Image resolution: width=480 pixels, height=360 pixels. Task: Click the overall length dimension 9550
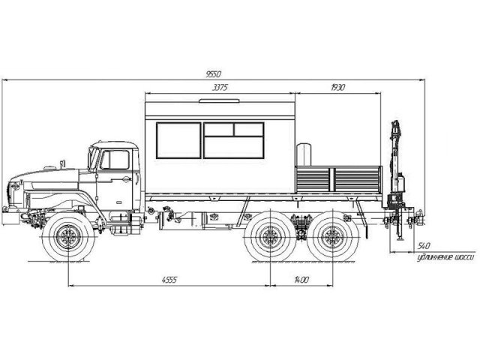[x=213, y=74]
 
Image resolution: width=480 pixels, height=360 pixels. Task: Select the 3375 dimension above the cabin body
[x=220, y=88]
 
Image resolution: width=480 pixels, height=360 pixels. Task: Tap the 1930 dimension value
[x=338, y=88]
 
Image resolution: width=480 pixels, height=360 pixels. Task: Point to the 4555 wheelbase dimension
[x=169, y=280]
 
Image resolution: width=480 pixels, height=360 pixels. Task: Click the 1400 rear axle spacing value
[x=301, y=280]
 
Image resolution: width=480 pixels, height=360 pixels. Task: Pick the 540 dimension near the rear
[x=424, y=246]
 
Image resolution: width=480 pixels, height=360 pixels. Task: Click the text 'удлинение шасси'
[x=445, y=258]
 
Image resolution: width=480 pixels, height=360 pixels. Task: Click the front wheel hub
[x=67, y=237]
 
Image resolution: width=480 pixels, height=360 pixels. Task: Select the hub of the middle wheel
[x=270, y=237]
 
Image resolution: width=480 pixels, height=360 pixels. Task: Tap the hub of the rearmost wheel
[x=333, y=237]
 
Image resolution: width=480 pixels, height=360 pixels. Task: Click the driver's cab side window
[x=115, y=160]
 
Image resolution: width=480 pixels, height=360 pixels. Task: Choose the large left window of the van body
[x=178, y=140]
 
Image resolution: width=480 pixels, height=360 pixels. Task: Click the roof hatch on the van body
[x=219, y=100]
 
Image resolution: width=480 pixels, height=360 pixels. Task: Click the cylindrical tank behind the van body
[x=304, y=154]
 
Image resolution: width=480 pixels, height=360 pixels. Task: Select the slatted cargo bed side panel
[x=338, y=179]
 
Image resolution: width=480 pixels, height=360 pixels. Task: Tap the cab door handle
[x=126, y=179]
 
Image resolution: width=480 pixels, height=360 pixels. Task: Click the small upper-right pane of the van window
[x=248, y=130]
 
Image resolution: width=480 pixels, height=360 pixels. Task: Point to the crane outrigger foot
[x=399, y=238]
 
